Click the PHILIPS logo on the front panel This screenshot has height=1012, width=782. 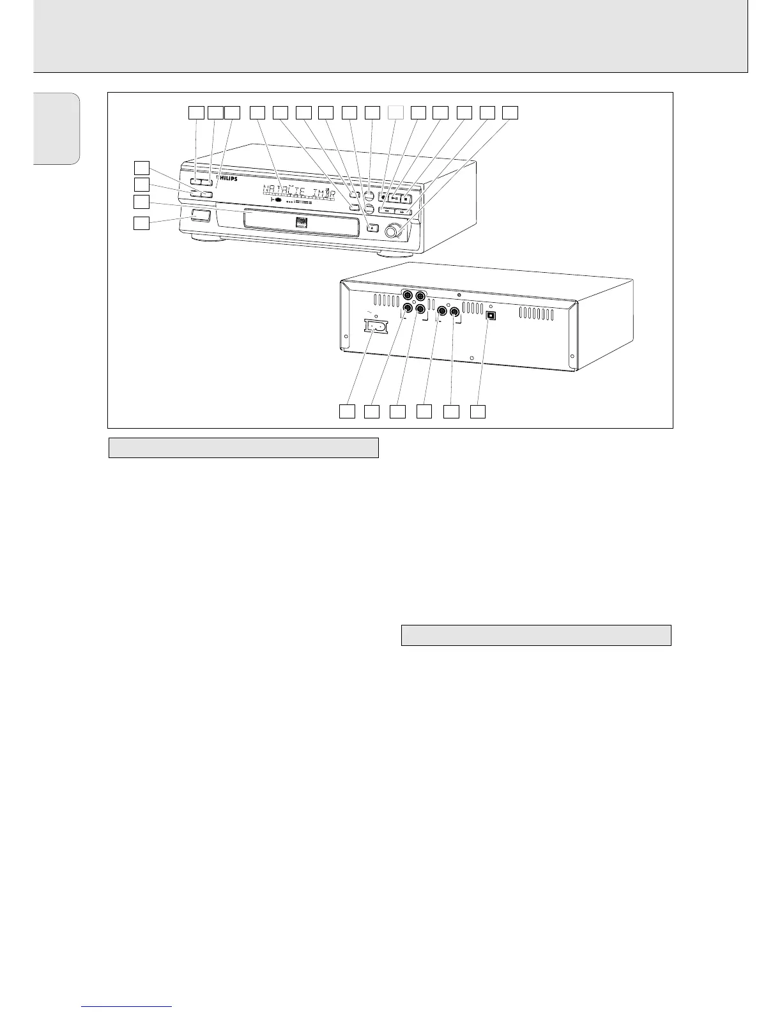[229, 180]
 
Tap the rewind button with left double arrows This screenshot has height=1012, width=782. [387, 210]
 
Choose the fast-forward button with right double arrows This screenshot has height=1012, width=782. [402, 210]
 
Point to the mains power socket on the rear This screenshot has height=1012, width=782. [375, 326]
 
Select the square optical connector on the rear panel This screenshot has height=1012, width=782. [491, 315]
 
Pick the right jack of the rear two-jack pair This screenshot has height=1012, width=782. [455, 312]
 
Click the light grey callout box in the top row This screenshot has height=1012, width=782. [396, 112]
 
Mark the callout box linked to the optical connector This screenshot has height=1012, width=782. [479, 411]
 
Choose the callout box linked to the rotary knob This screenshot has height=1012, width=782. [510, 112]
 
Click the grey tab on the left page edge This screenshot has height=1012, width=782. [57, 128]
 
